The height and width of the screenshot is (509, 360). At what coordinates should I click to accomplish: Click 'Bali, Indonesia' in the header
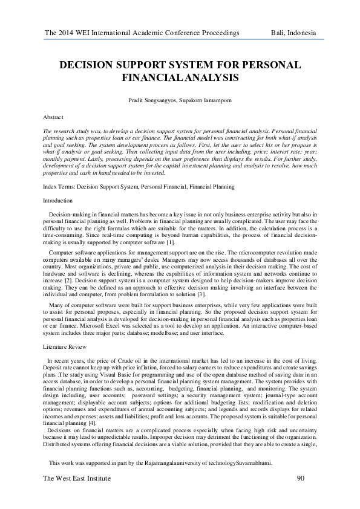click(x=294, y=32)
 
